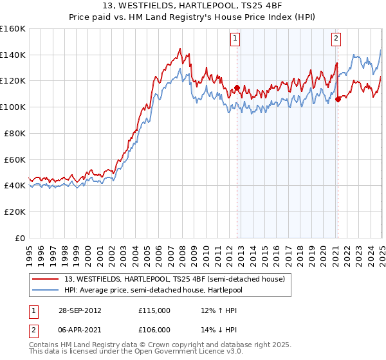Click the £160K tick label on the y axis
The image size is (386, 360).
click(x=13, y=29)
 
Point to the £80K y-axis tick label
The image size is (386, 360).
click(x=15, y=133)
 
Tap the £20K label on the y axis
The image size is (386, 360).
click(x=15, y=212)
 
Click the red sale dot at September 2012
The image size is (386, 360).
click(x=237, y=88)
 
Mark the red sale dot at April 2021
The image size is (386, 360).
click(x=337, y=99)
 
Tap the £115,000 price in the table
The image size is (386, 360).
click(x=154, y=310)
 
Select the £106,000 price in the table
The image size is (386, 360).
click(x=154, y=329)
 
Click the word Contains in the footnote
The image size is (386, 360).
click(x=44, y=346)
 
